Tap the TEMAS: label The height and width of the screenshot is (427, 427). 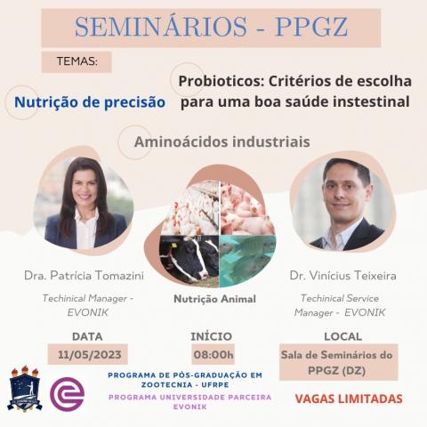(x=77, y=63)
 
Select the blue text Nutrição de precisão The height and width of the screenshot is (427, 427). (x=90, y=102)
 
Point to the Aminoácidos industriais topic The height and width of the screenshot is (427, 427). (x=222, y=141)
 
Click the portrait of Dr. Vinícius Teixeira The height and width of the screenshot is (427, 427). (x=346, y=206)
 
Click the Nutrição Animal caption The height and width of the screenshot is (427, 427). (x=213, y=300)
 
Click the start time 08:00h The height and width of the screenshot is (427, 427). (x=213, y=354)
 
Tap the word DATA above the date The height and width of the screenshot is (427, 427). (x=87, y=336)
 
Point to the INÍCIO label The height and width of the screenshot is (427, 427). (x=212, y=336)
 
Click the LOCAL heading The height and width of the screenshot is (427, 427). (x=342, y=336)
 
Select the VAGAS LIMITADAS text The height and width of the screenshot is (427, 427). (x=348, y=398)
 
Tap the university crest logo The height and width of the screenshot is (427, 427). (x=24, y=390)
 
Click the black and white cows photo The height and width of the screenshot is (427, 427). (x=188, y=258)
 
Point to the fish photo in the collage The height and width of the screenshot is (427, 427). (x=245, y=258)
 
